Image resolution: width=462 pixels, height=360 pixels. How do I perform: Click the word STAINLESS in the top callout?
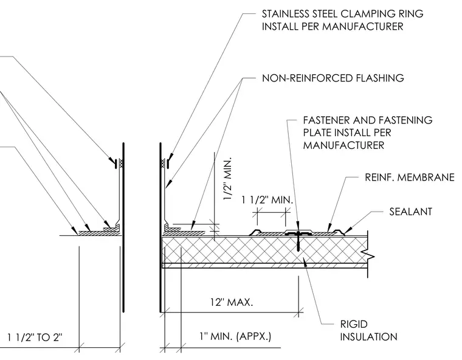pyautogui.click(x=284, y=14)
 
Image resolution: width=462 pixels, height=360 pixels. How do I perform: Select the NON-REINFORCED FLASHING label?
pyautogui.click(x=333, y=78)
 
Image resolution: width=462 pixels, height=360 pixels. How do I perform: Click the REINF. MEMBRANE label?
pyautogui.click(x=410, y=177)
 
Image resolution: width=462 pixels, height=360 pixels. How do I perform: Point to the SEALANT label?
pyautogui.click(x=410, y=212)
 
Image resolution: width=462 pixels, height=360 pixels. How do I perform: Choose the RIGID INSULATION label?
pyautogui.click(x=368, y=331)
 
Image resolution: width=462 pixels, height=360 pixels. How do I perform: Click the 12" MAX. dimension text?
pyautogui.click(x=232, y=302)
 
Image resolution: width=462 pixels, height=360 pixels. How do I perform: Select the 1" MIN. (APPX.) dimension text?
pyautogui.click(x=235, y=336)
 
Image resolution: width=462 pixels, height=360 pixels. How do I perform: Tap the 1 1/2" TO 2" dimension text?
pyautogui.click(x=35, y=337)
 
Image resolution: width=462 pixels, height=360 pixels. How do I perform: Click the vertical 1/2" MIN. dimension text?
pyautogui.click(x=228, y=179)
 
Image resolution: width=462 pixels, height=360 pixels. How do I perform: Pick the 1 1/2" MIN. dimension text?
pyautogui.click(x=267, y=200)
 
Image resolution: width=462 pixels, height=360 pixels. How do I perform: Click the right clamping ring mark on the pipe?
pyautogui.click(x=168, y=163)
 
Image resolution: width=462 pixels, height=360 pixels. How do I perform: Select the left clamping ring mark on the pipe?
pyautogui.click(x=116, y=163)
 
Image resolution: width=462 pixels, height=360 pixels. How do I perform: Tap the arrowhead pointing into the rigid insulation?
pyautogui.click(x=305, y=262)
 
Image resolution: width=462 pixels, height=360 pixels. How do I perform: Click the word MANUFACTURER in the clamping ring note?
pyautogui.click(x=362, y=27)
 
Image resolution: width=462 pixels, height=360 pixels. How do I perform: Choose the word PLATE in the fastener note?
pyautogui.click(x=316, y=133)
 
